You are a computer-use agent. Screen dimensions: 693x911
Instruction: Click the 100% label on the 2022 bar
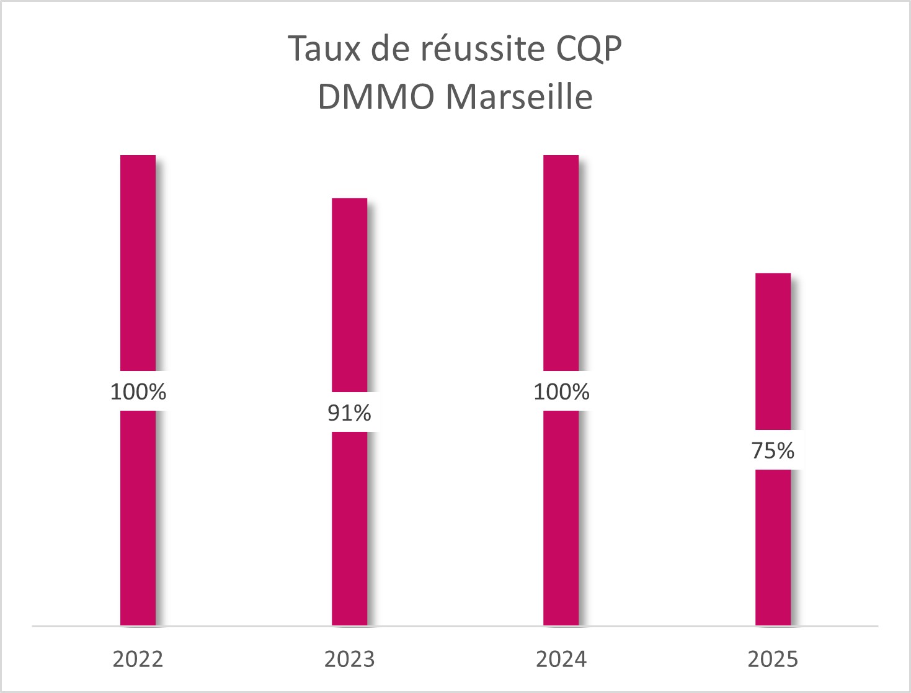138,392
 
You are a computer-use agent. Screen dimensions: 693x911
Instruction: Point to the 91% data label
349,413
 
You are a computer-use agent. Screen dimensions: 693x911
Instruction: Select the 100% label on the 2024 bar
561,392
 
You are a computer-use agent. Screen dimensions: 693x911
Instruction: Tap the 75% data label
773,451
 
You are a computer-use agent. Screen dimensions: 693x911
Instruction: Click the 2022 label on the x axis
138,659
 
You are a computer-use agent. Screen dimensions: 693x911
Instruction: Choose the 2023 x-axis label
349,659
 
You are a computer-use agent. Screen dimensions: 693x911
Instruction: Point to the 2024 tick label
561,659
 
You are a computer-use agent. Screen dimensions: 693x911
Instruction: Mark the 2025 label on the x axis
773,659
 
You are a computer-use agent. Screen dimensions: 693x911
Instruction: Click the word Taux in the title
324,49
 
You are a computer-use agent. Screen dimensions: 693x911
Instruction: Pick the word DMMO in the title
376,97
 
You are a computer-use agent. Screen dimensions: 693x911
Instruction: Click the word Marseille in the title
519,97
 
